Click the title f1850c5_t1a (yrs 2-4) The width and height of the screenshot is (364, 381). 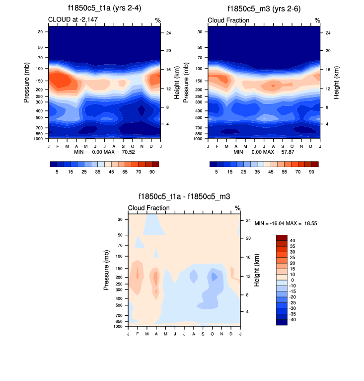(104, 9)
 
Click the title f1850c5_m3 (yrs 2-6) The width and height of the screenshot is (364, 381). (264, 9)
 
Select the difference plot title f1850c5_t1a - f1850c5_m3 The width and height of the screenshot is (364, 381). (184, 197)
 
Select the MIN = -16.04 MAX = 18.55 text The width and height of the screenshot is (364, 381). (286, 223)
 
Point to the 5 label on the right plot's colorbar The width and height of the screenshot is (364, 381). (216, 171)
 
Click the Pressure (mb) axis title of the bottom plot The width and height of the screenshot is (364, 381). (107, 271)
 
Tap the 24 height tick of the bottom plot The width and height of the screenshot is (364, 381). (248, 220)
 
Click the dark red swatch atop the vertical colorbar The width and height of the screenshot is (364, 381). (282, 237)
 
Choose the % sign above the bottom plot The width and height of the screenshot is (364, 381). (237, 208)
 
